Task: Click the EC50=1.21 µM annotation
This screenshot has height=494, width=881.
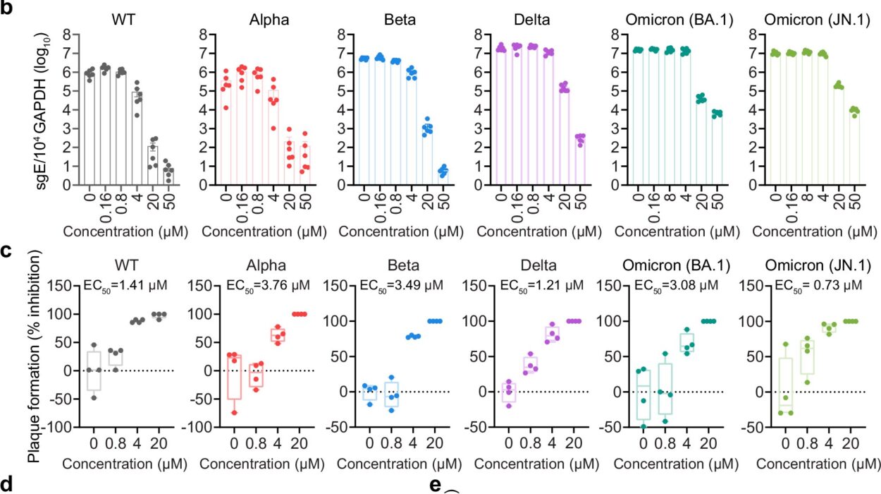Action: (538, 286)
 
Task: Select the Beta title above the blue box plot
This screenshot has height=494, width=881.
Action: (399, 265)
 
